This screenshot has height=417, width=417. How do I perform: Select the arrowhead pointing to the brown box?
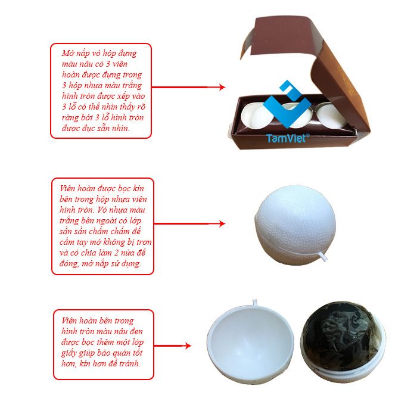[x=222, y=87]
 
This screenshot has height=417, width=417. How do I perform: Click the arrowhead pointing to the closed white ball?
[x=222, y=223]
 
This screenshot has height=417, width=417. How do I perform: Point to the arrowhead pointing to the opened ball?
[x=188, y=346]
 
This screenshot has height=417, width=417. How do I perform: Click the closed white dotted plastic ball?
[x=295, y=225]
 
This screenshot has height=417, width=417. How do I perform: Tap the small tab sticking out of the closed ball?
[x=323, y=257]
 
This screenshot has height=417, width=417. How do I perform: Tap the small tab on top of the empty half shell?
[x=255, y=303]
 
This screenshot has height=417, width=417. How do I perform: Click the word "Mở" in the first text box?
[x=68, y=54]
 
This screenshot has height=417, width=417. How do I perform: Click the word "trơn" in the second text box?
[x=144, y=242]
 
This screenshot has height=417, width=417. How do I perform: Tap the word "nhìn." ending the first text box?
[x=120, y=129]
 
